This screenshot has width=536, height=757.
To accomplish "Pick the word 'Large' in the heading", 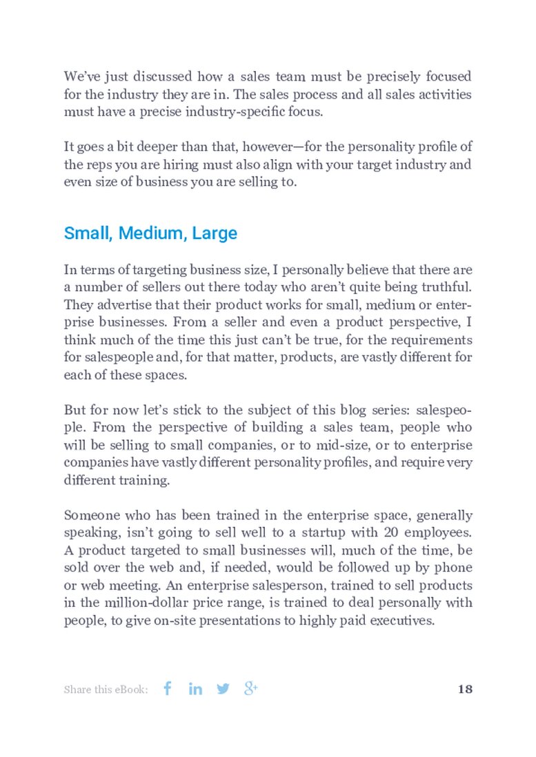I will click(215, 234).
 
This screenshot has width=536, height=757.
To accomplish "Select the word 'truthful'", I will click(442, 287).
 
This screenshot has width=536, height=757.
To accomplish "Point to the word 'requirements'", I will click(435, 340).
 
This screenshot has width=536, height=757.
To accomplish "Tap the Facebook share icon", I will click(167, 688).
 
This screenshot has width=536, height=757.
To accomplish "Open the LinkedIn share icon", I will click(195, 688).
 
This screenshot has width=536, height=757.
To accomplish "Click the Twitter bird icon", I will click(223, 688).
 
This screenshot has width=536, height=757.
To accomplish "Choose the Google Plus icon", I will click(251, 688).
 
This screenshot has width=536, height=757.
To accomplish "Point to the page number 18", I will click(464, 689).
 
